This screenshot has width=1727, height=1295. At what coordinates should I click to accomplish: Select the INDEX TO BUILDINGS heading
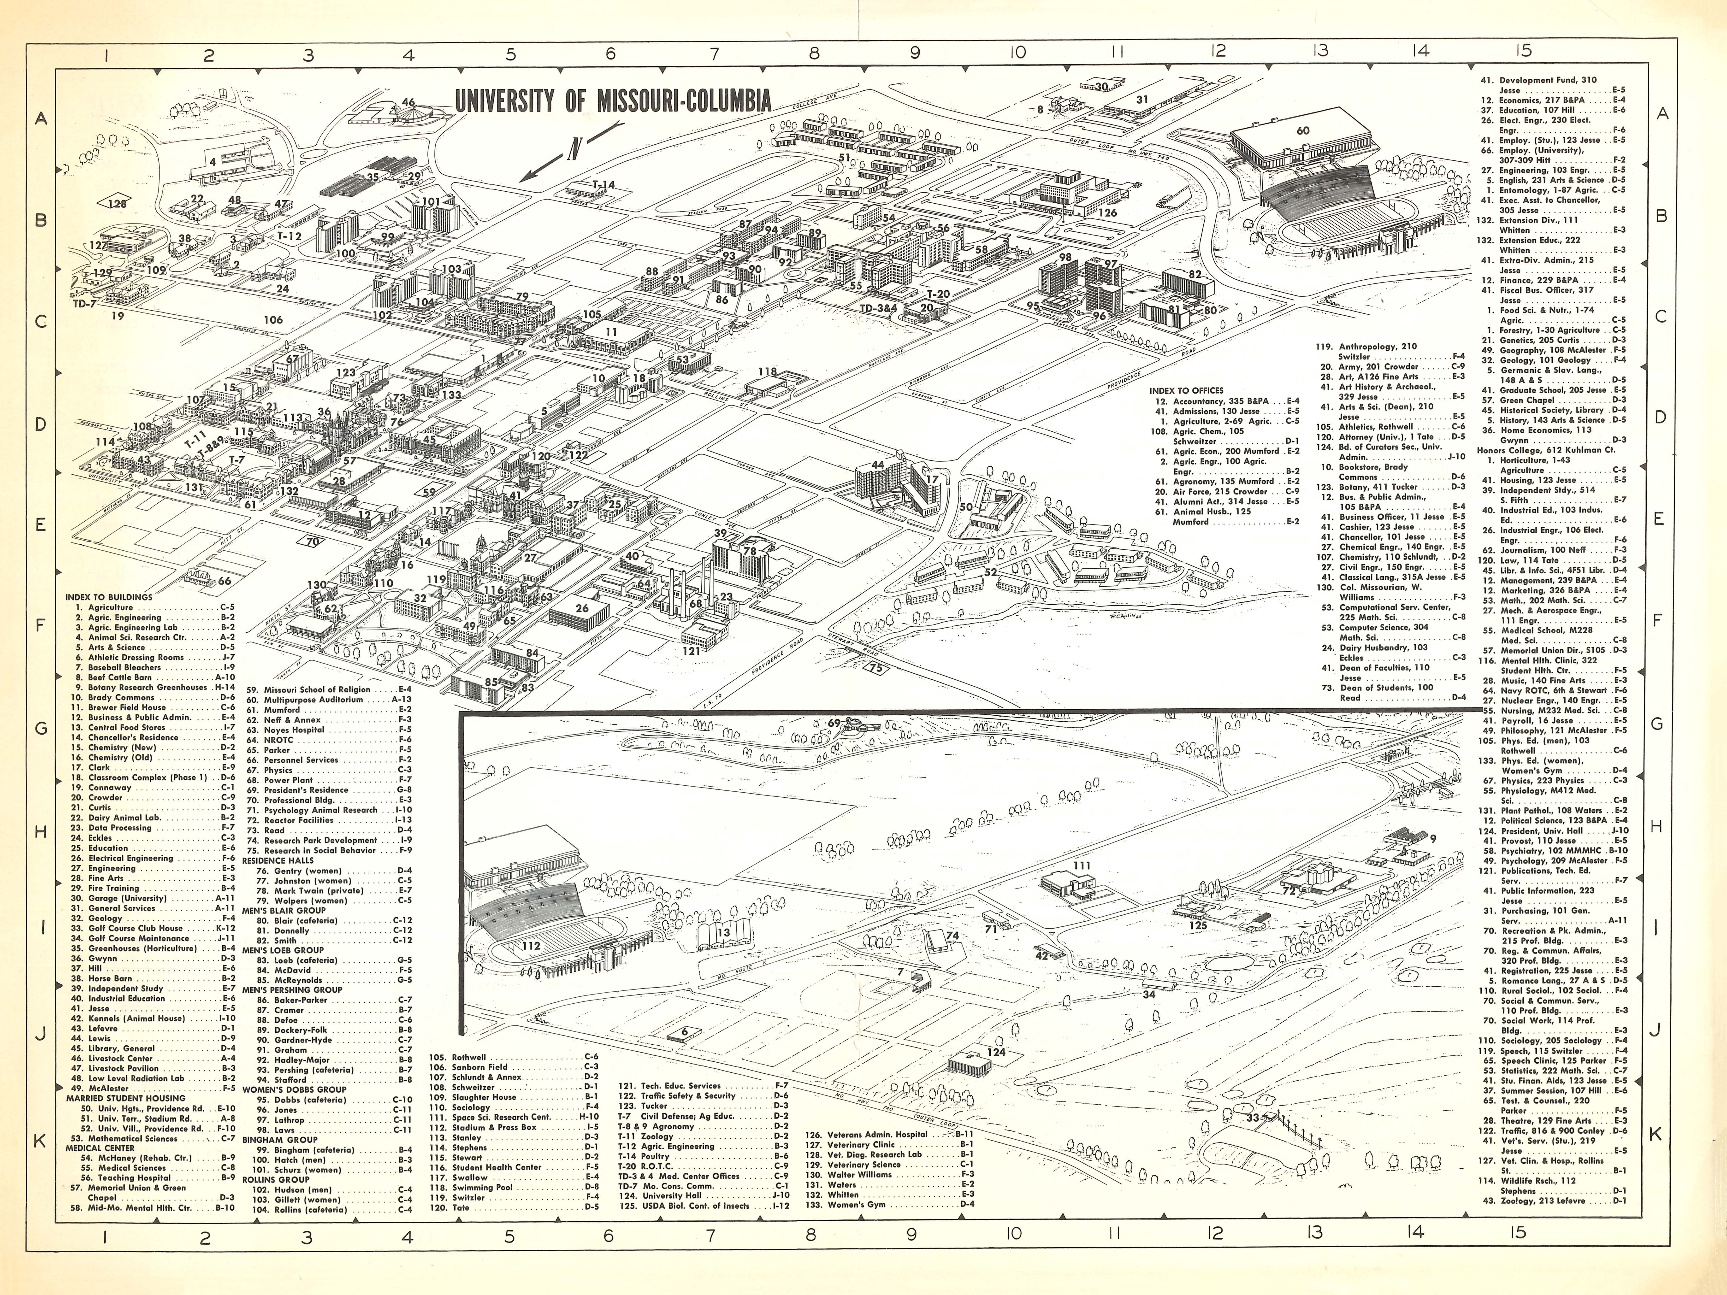[109, 597]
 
